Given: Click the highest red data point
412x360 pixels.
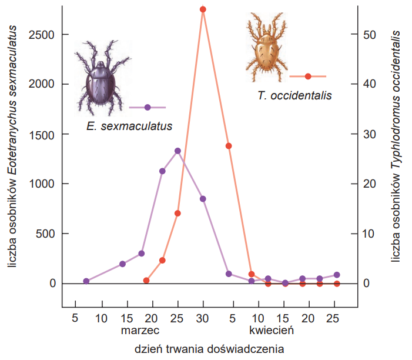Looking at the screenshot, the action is click(x=203, y=9).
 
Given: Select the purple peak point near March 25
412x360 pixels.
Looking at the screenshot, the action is click(x=177, y=151).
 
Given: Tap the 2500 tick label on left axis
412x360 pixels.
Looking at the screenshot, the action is click(x=41, y=35).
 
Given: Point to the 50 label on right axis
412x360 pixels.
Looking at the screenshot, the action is click(x=370, y=35).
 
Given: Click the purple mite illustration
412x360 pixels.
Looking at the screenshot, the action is click(x=102, y=78).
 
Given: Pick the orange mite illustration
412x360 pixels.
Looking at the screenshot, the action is click(x=266, y=47).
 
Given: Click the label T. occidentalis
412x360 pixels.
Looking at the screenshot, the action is click(x=294, y=95).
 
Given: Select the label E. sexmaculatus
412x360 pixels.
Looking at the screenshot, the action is click(x=129, y=126).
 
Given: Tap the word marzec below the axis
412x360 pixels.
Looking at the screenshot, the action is click(x=140, y=330).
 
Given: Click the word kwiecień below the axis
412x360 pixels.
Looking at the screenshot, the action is click(x=272, y=330).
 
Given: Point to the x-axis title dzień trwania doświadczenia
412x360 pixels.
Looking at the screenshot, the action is click(x=209, y=349).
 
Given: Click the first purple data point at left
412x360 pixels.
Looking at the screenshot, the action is click(x=86, y=281).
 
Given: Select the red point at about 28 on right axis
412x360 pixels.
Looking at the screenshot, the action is click(x=229, y=146).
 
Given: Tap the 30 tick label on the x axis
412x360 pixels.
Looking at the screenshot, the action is click(x=202, y=318).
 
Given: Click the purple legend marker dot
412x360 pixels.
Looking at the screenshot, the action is click(x=148, y=107).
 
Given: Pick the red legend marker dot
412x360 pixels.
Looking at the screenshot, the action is click(x=308, y=76).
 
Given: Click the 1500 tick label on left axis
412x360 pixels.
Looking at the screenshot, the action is click(x=41, y=135).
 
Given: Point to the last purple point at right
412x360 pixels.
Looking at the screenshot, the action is click(x=337, y=275).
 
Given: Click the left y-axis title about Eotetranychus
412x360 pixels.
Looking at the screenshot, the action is click(x=12, y=146).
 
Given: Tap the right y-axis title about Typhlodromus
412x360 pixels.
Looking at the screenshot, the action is click(x=395, y=146).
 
